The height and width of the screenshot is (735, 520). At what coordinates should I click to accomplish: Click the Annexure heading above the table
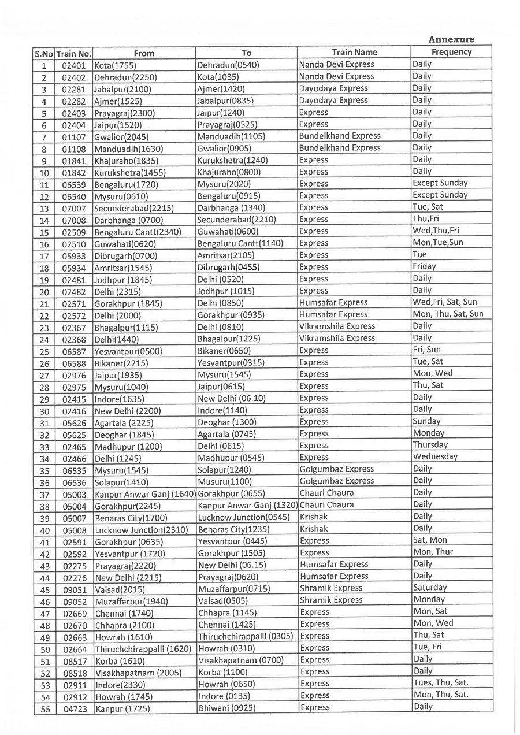(x=451, y=39)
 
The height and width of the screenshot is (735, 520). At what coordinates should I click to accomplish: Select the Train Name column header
(x=354, y=52)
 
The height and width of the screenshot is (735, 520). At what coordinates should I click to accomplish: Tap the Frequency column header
(x=451, y=52)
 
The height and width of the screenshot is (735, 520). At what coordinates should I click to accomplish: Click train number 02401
(x=74, y=65)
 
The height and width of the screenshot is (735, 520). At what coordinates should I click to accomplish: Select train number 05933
(x=74, y=255)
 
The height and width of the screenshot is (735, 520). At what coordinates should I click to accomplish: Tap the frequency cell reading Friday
(x=424, y=267)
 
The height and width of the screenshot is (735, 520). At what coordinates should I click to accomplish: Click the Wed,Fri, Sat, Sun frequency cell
(x=444, y=302)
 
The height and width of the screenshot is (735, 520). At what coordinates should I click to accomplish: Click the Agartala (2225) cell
(x=121, y=422)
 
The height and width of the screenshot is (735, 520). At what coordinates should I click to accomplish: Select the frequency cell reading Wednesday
(x=434, y=457)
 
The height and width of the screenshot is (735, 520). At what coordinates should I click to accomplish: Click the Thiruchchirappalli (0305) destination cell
(x=246, y=636)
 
